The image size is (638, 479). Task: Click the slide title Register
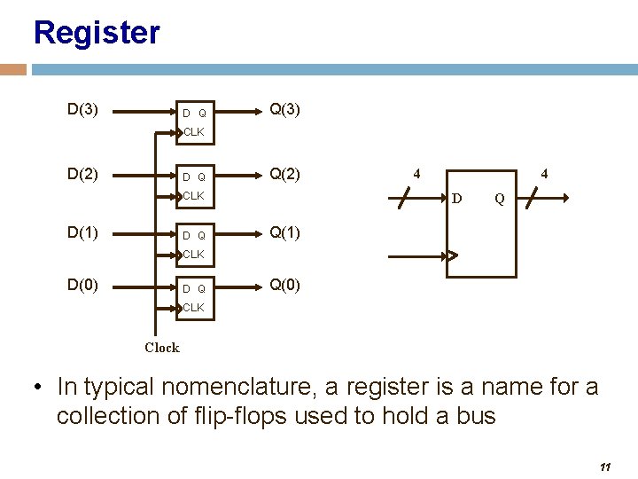click(97, 34)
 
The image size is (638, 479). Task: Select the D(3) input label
click(82, 110)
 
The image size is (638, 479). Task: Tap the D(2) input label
click(82, 174)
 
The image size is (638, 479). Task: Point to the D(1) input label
click(82, 233)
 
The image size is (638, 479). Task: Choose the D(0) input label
click(82, 286)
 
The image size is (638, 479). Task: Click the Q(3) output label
click(284, 110)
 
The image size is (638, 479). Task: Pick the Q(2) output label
click(284, 174)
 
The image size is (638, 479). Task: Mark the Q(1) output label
click(284, 233)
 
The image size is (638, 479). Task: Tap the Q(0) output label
click(284, 286)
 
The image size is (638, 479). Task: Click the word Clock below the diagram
click(162, 348)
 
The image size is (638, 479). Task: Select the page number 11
click(606, 467)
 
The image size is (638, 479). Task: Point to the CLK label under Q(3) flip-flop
click(194, 132)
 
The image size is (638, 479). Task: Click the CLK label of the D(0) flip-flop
click(194, 308)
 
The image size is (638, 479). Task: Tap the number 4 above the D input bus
click(417, 175)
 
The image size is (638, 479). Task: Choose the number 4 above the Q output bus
click(544, 175)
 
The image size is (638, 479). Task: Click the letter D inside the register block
click(457, 198)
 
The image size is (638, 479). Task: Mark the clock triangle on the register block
click(451, 256)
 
